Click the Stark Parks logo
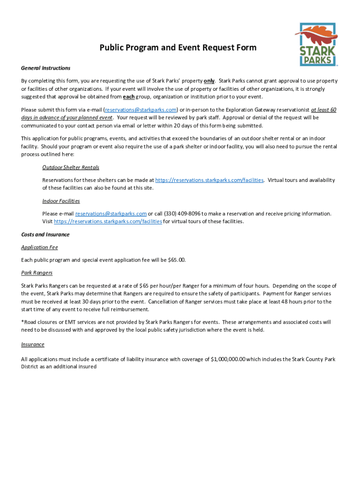click(x=316, y=44)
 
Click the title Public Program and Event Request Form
click(x=178, y=48)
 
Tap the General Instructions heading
click(x=46, y=68)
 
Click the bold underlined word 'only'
click(x=209, y=81)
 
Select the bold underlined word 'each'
click(x=129, y=97)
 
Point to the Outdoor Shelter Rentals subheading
click(x=71, y=167)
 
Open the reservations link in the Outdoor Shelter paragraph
click(x=209, y=180)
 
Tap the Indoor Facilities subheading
click(x=61, y=201)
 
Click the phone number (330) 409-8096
click(x=178, y=214)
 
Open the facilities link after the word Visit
click(x=108, y=221)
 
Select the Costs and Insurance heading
click(x=45, y=235)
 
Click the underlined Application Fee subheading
click(x=39, y=247)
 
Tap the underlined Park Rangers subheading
click(x=37, y=273)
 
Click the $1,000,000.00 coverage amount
click(x=228, y=359)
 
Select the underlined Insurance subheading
click(x=33, y=345)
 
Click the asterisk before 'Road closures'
click(x=22, y=322)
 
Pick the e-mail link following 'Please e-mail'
click(x=111, y=214)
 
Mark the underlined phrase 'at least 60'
click(x=324, y=110)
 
